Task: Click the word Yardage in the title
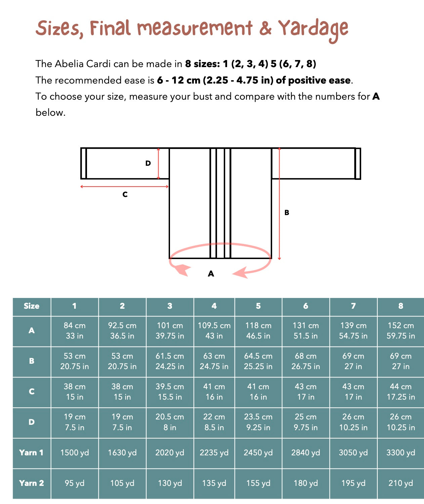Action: tap(313, 29)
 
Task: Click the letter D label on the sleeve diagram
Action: tap(148, 163)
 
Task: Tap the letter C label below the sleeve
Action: tap(125, 194)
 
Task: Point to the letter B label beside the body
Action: tap(287, 212)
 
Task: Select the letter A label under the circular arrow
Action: tap(211, 274)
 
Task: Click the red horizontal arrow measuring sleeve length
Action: tap(125, 187)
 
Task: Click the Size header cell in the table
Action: tap(32, 306)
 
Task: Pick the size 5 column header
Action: tap(258, 306)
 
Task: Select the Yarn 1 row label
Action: tap(32, 453)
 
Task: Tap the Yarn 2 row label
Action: tap(32, 483)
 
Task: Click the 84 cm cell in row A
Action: tap(75, 331)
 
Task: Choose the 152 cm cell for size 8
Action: tap(400, 331)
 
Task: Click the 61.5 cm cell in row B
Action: tap(170, 361)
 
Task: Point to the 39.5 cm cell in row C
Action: tap(170, 392)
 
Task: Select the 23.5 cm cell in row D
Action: tap(258, 422)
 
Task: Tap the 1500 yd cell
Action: tap(75, 453)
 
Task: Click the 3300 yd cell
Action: tap(400, 453)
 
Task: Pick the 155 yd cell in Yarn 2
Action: tap(258, 483)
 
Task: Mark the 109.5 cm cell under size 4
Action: tap(214, 331)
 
